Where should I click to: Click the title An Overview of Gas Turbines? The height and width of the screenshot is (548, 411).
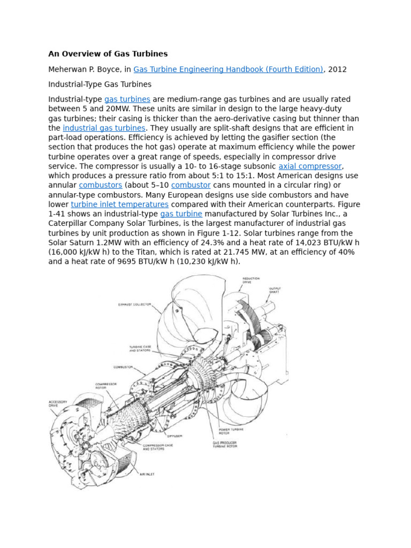coord(108,54)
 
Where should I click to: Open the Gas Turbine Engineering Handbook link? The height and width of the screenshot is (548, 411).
coord(228,69)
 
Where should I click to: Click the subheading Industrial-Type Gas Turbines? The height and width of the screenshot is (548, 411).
coord(100,84)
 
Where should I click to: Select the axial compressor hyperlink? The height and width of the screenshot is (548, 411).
coord(310,166)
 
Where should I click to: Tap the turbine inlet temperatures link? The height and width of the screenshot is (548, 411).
coord(119,204)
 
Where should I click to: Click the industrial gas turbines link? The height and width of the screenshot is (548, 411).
coord(104,128)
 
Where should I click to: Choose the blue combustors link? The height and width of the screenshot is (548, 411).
coord(101,185)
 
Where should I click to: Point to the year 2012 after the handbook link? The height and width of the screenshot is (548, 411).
coord(338,69)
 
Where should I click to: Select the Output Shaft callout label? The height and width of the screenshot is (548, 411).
coord(275,291)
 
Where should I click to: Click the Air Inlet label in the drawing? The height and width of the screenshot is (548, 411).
coord(147,474)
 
